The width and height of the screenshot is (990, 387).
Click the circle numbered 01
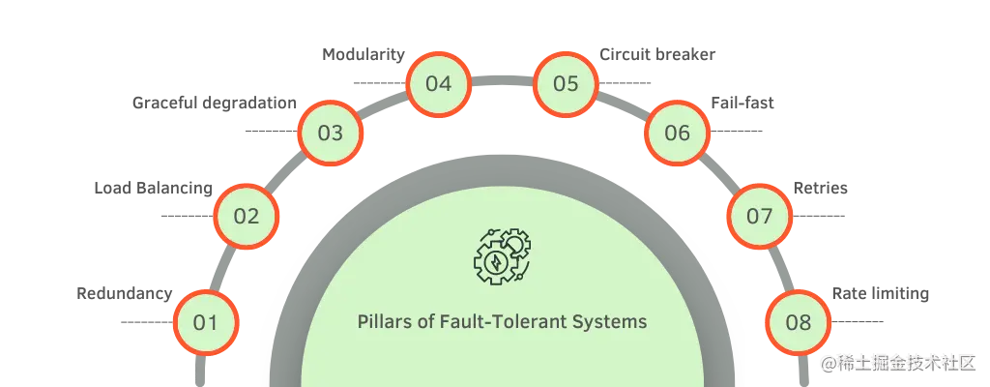coord(205,322)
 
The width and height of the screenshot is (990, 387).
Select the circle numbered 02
coord(247,216)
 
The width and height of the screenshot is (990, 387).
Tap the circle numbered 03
coord(330,133)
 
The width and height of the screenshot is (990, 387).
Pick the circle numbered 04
coord(438,83)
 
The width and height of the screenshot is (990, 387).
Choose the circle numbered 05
coord(566,83)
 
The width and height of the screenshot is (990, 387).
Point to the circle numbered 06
coord(677,133)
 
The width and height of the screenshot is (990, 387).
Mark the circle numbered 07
coord(759,216)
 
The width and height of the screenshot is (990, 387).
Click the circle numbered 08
coord(799,322)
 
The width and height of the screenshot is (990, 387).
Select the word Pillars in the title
coord(383,321)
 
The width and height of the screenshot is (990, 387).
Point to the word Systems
coord(614,321)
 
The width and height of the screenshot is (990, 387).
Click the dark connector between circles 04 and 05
coord(502,74)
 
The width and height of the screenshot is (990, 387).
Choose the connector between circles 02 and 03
coord(287,174)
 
